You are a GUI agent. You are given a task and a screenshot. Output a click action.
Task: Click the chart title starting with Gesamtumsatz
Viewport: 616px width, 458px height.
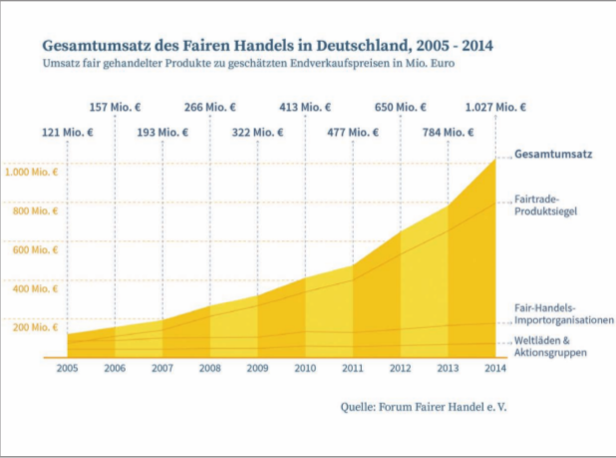pos(267,45)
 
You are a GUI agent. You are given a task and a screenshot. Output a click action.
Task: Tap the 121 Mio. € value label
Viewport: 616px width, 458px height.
pos(67,132)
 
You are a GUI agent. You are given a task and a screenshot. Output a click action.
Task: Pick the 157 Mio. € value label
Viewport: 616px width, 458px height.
pos(116,107)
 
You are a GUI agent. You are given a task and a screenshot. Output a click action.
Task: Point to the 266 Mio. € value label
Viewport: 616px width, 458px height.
pos(210,107)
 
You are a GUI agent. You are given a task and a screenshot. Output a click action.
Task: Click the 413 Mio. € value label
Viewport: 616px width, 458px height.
pos(305,107)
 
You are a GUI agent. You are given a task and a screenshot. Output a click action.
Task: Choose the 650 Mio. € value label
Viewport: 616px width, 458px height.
pos(400,107)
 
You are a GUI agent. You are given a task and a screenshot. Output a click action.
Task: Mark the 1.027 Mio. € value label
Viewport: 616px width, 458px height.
pos(495,107)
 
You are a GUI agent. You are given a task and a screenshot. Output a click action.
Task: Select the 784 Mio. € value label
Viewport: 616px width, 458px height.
pos(448,132)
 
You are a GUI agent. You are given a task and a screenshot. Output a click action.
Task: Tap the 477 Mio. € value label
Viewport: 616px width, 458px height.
pos(353,132)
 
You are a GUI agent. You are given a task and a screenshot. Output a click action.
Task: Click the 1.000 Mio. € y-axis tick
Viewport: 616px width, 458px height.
pos(31,172)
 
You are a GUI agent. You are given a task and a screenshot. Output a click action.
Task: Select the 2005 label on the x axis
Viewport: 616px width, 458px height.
pos(67,367)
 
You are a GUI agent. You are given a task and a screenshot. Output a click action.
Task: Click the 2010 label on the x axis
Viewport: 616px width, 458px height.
pos(305,367)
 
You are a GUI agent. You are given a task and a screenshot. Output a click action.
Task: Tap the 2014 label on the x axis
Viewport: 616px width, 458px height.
pos(495,367)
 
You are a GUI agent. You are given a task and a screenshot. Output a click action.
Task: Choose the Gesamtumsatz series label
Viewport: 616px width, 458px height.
pos(554,155)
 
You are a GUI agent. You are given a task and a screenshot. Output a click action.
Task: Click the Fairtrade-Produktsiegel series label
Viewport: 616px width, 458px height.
pos(546,204)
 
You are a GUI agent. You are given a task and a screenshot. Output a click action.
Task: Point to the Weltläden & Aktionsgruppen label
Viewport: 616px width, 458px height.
pos(549,347)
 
